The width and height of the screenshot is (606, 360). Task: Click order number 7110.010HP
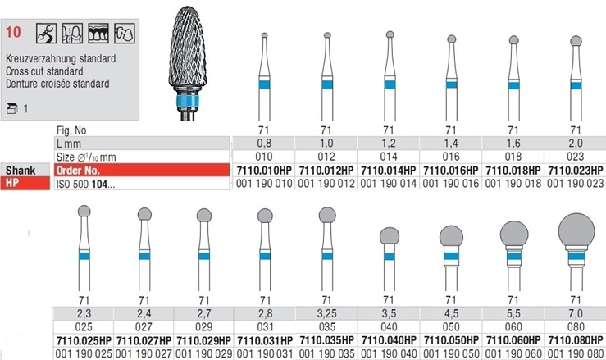point(264,171)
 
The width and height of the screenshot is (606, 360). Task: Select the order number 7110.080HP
point(576,340)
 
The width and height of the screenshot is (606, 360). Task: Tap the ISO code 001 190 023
point(576,184)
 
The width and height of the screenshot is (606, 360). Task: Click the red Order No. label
point(78,171)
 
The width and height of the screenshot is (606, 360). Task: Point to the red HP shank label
point(12,183)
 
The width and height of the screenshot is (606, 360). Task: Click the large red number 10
point(13,32)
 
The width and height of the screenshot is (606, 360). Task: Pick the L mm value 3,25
point(327,313)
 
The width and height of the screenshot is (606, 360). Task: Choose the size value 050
point(451,327)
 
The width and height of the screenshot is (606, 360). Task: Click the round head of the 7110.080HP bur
point(576,230)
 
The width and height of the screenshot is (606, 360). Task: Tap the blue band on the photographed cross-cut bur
point(188,102)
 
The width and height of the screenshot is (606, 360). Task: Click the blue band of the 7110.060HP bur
point(514,257)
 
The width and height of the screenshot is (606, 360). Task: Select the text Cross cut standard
point(44,71)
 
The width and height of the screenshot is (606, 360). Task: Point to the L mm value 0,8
point(264,144)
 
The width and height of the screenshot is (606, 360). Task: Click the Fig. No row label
point(71,130)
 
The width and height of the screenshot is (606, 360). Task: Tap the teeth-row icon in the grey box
point(98,34)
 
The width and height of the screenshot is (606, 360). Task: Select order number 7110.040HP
point(389,340)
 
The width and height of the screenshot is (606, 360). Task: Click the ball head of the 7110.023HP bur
point(576,41)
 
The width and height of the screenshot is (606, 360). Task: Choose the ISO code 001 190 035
point(326,353)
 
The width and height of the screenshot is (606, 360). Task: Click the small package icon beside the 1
point(12,109)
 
